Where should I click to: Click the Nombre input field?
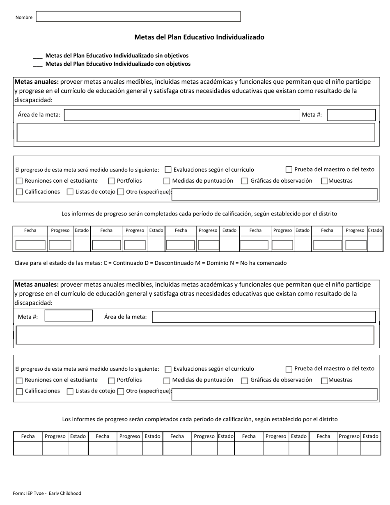[138, 16]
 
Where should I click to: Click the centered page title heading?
[199, 37]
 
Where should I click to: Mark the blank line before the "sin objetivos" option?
[37, 56]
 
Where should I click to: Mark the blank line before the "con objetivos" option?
[37, 64]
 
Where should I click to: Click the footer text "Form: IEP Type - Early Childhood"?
[47, 493]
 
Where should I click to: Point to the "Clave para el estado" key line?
[150, 263]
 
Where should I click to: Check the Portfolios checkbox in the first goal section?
[111, 181]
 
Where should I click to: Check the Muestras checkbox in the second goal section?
[325, 381]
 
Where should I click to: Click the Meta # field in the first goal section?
[351, 115]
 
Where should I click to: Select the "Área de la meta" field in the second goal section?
[264, 317]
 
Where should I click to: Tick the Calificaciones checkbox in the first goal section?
[19, 192]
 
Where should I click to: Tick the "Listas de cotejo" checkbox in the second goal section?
[70, 392]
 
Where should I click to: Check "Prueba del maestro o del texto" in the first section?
[289, 170]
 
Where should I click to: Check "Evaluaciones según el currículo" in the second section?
[168, 369]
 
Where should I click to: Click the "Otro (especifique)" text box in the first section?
[274, 194]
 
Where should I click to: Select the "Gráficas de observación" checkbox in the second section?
[245, 381]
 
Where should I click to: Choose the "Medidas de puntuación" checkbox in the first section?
[167, 181]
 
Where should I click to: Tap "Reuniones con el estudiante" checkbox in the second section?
[19, 381]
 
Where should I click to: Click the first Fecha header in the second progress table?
[28, 436]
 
